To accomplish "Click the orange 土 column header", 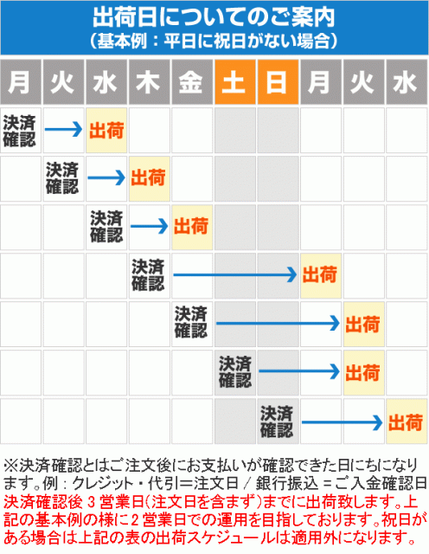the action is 235,82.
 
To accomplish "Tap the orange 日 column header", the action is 278,82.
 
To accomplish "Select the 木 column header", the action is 149,82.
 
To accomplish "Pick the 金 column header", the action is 192,82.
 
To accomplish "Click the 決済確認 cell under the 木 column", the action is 149,275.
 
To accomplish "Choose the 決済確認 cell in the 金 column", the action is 192,324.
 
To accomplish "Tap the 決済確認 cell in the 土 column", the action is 235,372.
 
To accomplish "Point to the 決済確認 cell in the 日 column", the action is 278,422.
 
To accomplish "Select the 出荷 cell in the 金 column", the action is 192,227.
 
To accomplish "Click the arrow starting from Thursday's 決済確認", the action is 235,275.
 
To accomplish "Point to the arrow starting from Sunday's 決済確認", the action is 343,422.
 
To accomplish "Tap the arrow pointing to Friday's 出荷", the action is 150,226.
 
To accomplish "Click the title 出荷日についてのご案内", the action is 214,17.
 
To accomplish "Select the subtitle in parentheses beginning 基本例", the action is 214,41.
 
